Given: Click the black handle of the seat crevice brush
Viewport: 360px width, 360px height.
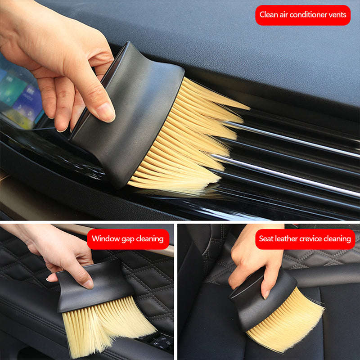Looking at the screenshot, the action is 262,298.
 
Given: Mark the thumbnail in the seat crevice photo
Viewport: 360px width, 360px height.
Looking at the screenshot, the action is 267,294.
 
